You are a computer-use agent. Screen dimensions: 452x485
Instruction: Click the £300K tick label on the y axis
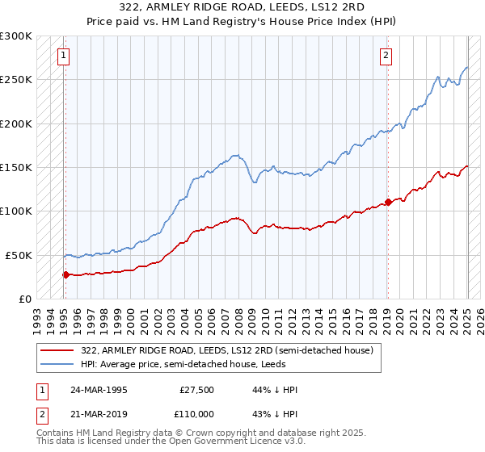point(16,36)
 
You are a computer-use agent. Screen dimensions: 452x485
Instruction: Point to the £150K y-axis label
point(16,167)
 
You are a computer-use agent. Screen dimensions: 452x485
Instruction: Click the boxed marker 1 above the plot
point(63,56)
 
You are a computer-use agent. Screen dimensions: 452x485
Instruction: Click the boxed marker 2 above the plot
point(386,56)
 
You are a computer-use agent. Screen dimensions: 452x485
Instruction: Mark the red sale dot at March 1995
point(65,274)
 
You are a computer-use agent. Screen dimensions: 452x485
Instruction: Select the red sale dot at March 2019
point(388,202)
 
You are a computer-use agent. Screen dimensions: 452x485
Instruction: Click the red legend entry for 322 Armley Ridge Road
point(226,350)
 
